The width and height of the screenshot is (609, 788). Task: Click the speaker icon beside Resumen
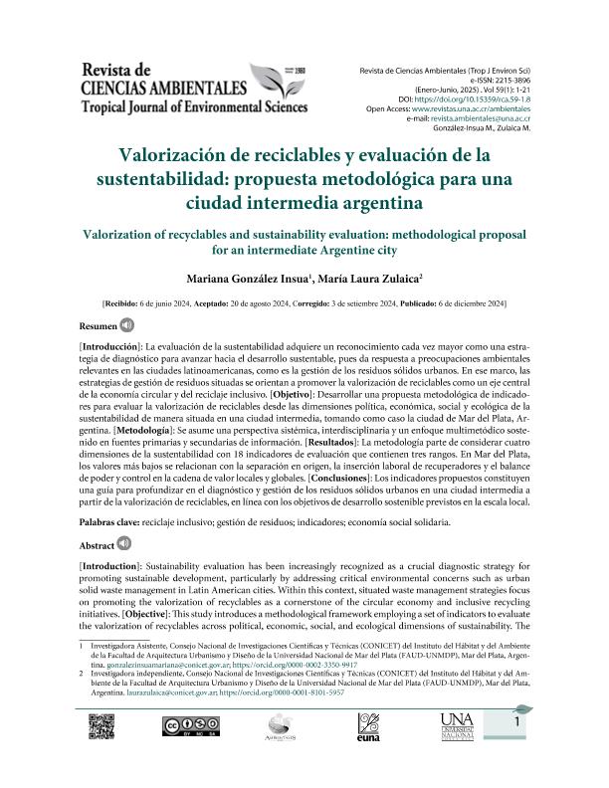[127, 324]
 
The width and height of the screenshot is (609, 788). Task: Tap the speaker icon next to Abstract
[124, 544]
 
